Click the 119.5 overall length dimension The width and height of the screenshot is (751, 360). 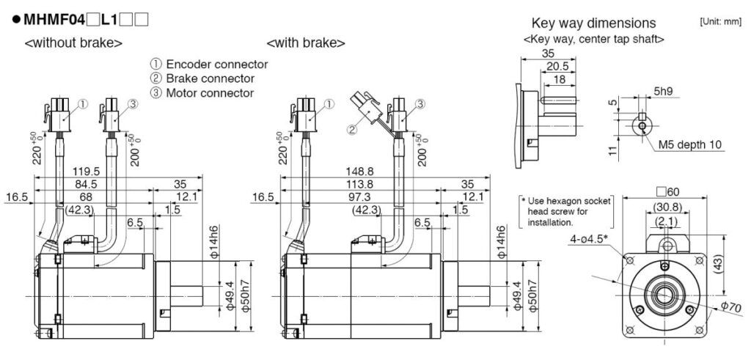point(87,172)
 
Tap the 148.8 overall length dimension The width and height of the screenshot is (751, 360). point(359,172)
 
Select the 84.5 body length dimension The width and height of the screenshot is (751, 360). point(87,184)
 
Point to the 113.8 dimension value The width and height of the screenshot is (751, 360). point(359,184)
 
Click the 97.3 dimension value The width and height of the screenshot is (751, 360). point(359,196)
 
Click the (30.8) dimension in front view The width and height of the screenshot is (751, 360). point(667,207)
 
